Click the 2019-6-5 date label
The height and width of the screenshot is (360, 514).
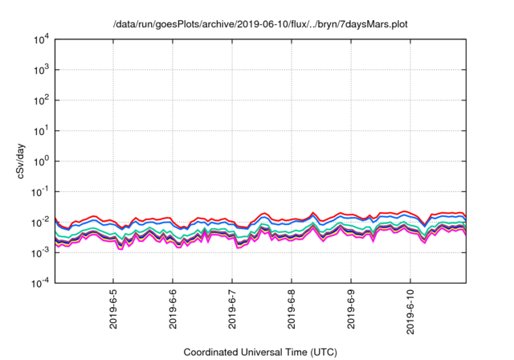pos(113,312)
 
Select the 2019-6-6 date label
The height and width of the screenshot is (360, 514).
pos(173,312)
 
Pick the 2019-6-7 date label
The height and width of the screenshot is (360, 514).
pos(232,312)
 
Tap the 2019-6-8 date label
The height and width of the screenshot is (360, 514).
pos(292,312)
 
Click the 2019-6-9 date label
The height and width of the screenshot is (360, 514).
pos(351,312)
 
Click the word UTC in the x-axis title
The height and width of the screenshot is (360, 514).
pos(323,352)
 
